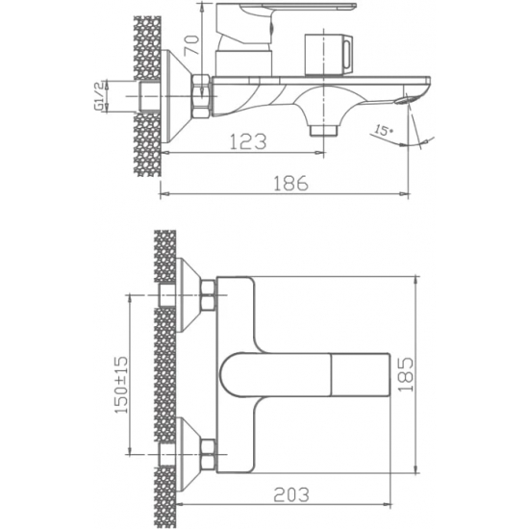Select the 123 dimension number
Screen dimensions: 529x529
coord(249,141)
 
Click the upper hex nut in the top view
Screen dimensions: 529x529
coord(205,298)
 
